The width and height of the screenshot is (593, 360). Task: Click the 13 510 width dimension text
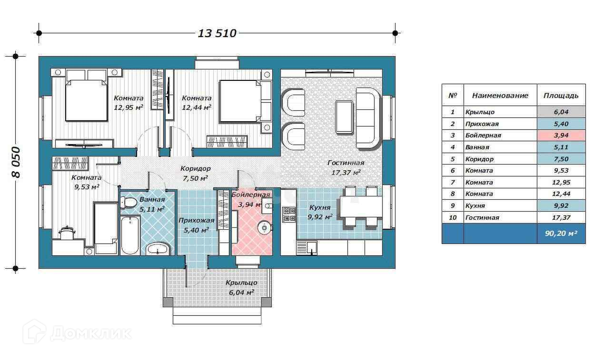tap(217, 33)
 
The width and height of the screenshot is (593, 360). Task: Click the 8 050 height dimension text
tap(16, 162)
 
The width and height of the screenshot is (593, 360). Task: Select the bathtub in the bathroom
tap(130, 235)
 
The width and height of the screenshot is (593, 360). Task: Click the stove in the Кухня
tap(289, 214)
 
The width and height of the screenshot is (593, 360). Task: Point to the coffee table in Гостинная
tap(344, 117)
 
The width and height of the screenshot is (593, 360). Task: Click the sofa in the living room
tap(368, 118)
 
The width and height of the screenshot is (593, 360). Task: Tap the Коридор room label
tap(196, 168)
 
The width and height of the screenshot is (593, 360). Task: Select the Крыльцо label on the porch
tap(241, 283)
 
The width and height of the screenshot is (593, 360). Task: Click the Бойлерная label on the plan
tap(250, 195)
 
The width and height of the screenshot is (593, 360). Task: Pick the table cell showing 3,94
tap(561, 136)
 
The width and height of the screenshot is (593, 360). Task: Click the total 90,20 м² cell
tap(561, 234)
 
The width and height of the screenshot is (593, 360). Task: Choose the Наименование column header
tap(500, 96)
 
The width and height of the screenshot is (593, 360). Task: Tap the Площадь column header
tap(561, 96)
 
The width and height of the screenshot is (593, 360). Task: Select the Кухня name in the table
tap(475, 206)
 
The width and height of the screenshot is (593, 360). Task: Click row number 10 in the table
tap(453, 218)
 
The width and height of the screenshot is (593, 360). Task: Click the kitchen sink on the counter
tap(307, 248)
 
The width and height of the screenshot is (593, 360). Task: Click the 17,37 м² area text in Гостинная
tap(346, 173)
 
